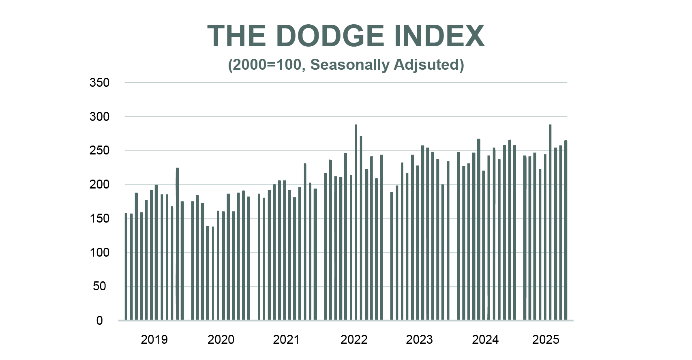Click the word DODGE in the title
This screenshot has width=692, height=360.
pyautogui.click(x=330, y=36)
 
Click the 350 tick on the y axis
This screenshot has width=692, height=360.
pyautogui.click(x=99, y=83)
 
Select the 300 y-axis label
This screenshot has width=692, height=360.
pyautogui.click(x=99, y=117)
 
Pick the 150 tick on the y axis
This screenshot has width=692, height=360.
pyautogui.click(x=99, y=219)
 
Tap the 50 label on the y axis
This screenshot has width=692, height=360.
pyautogui.click(x=99, y=286)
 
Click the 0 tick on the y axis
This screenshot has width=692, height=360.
pyautogui.click(x=99, y=321)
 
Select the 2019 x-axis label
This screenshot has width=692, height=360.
pyautogui.click(x=154, y=339)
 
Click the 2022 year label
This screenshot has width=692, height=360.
pyautogui.click(x=353, y=339)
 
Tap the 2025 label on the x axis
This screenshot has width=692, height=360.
pyautogui.click(x=546, y=339)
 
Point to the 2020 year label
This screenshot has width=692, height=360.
pyautogui.click(x=221, y=339)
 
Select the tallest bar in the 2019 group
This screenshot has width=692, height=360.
pyautogui.click(x=177, y=243)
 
